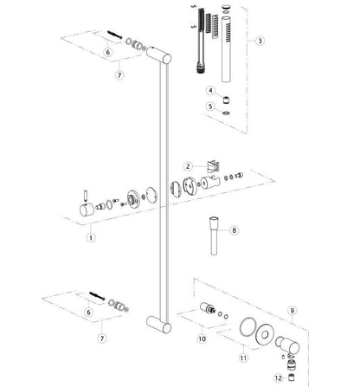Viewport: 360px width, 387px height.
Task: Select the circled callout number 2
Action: [187, 165]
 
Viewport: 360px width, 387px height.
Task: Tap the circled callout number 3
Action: [260, 41]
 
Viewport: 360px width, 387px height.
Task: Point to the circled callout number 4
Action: [210, 89]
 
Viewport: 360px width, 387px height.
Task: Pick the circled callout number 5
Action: [210, 107]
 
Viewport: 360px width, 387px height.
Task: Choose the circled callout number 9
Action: [293, 309]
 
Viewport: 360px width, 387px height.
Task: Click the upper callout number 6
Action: [107, 53]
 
